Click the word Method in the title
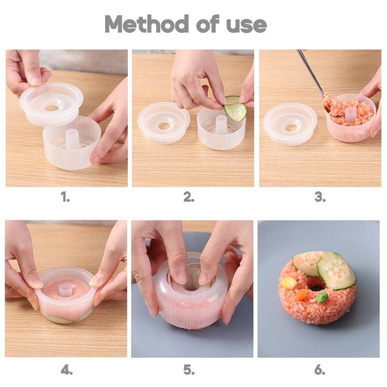click(143, 24)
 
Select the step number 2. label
click(189, 197)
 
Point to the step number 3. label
click(320, 197)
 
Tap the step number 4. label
click(67, 370)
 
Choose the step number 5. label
click(189, 370)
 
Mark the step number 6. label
click(320, 370)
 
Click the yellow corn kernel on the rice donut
click(289, 283)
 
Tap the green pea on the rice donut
click(322, 297)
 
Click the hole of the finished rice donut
click(317, 287)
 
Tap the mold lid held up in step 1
click(52, 103)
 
